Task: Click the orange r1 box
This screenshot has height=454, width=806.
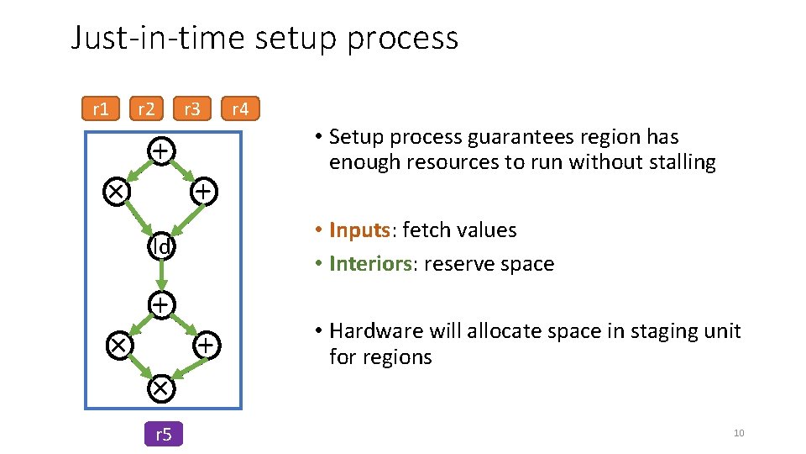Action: coord(101,109)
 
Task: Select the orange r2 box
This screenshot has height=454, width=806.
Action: coord(146,109)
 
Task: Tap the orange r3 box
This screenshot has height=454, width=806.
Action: coord(192,109)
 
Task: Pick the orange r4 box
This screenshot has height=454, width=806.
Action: coord(240,109)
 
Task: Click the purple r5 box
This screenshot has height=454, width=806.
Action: coord(164,434)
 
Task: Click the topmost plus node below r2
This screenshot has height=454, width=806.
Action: coord(160,150)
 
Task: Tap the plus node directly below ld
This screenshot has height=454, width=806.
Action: coord(160,303)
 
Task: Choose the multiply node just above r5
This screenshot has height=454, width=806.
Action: coord(160,388)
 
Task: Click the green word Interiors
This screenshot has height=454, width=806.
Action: coord(370,264)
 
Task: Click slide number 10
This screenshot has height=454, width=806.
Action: coord(739,433)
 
